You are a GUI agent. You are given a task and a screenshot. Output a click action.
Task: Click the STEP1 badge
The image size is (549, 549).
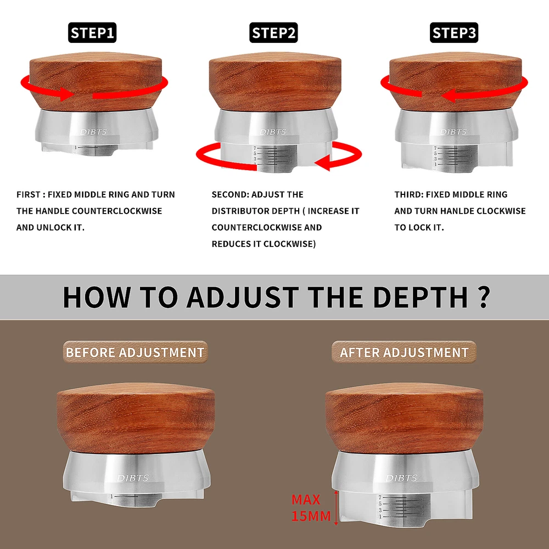point(92,32)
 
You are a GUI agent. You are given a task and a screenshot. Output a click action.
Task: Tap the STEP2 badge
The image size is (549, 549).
point(273,32)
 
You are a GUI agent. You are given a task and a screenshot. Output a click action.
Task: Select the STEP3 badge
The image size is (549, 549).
point(454,32)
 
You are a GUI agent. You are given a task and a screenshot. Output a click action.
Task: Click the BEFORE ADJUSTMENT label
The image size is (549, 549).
point(135,352)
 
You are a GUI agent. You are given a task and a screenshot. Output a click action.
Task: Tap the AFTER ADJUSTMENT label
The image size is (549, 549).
point(404,352)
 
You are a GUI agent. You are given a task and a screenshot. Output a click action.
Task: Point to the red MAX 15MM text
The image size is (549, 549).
point(311,508)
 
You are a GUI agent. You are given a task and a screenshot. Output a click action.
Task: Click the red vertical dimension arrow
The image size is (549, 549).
point(336,507)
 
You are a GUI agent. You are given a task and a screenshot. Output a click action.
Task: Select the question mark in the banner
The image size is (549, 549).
point(484,297)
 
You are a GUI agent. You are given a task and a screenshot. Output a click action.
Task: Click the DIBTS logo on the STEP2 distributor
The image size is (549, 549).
point(273,132)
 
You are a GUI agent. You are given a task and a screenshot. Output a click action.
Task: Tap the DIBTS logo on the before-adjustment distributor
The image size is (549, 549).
point(133,478)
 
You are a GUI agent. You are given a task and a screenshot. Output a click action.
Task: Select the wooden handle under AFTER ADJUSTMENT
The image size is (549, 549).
point(405,418)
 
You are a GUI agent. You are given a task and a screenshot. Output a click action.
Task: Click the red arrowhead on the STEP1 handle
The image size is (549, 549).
point(66,94)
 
